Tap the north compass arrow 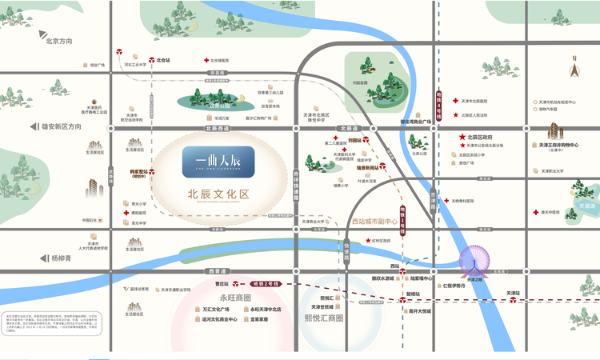tap(574, 68)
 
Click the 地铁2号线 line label tap(263, 284)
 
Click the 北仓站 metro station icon tap(149, 60)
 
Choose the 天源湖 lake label tap(587, 206)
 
